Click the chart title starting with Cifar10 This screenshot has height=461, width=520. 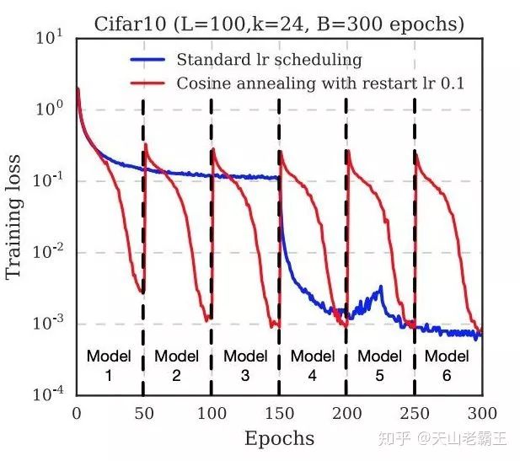(277, 24)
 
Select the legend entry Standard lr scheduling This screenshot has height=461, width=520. (269, 60)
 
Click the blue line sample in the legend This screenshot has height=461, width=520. (150, 60)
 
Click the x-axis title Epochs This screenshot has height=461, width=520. (279, 438)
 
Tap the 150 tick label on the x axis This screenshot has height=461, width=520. (279, 413)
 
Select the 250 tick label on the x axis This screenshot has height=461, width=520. (414, 413)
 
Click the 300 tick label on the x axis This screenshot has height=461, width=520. (481, 413)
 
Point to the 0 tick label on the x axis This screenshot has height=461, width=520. (77, 413)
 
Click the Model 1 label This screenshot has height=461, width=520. (109, 366)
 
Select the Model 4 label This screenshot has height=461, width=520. (312, 366)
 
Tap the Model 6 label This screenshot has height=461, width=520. (447, 366)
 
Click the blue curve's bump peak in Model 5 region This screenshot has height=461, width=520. (381, 288)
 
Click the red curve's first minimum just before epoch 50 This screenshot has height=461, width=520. (142, 293)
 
